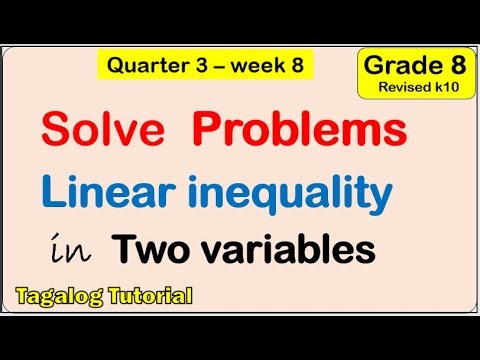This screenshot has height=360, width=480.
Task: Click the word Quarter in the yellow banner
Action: pos(149,67)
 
